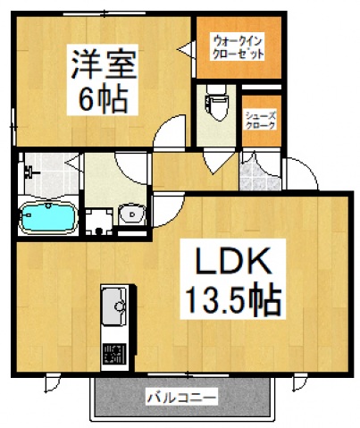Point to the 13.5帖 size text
(234, 299)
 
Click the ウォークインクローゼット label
(238, 46)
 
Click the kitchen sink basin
(114, 308)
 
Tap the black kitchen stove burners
(114, 352)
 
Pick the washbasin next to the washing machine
(131, 214)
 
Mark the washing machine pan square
(97, 219)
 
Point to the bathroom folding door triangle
(78, 166)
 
